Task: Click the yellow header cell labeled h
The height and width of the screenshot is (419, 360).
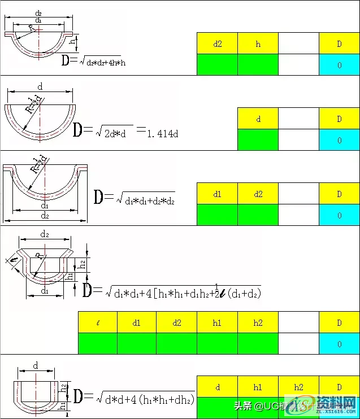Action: point(258,43)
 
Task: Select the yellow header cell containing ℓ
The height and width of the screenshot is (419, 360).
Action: point(98,323)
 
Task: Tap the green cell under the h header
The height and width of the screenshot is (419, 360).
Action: point(258,64)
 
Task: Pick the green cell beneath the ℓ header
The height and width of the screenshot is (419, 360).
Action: point(98,343)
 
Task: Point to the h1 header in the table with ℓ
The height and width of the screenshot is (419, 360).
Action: point(217,323)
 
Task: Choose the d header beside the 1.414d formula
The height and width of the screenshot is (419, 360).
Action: point(258,119)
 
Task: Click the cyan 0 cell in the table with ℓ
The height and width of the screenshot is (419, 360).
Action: point(339,343)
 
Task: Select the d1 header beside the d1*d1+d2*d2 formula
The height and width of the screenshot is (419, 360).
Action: point(217,194)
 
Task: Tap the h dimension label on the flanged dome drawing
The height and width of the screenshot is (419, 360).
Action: point(72,41)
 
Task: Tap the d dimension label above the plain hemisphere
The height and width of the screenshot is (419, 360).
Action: point(40,86)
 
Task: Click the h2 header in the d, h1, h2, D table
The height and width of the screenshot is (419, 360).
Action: point(298,387)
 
